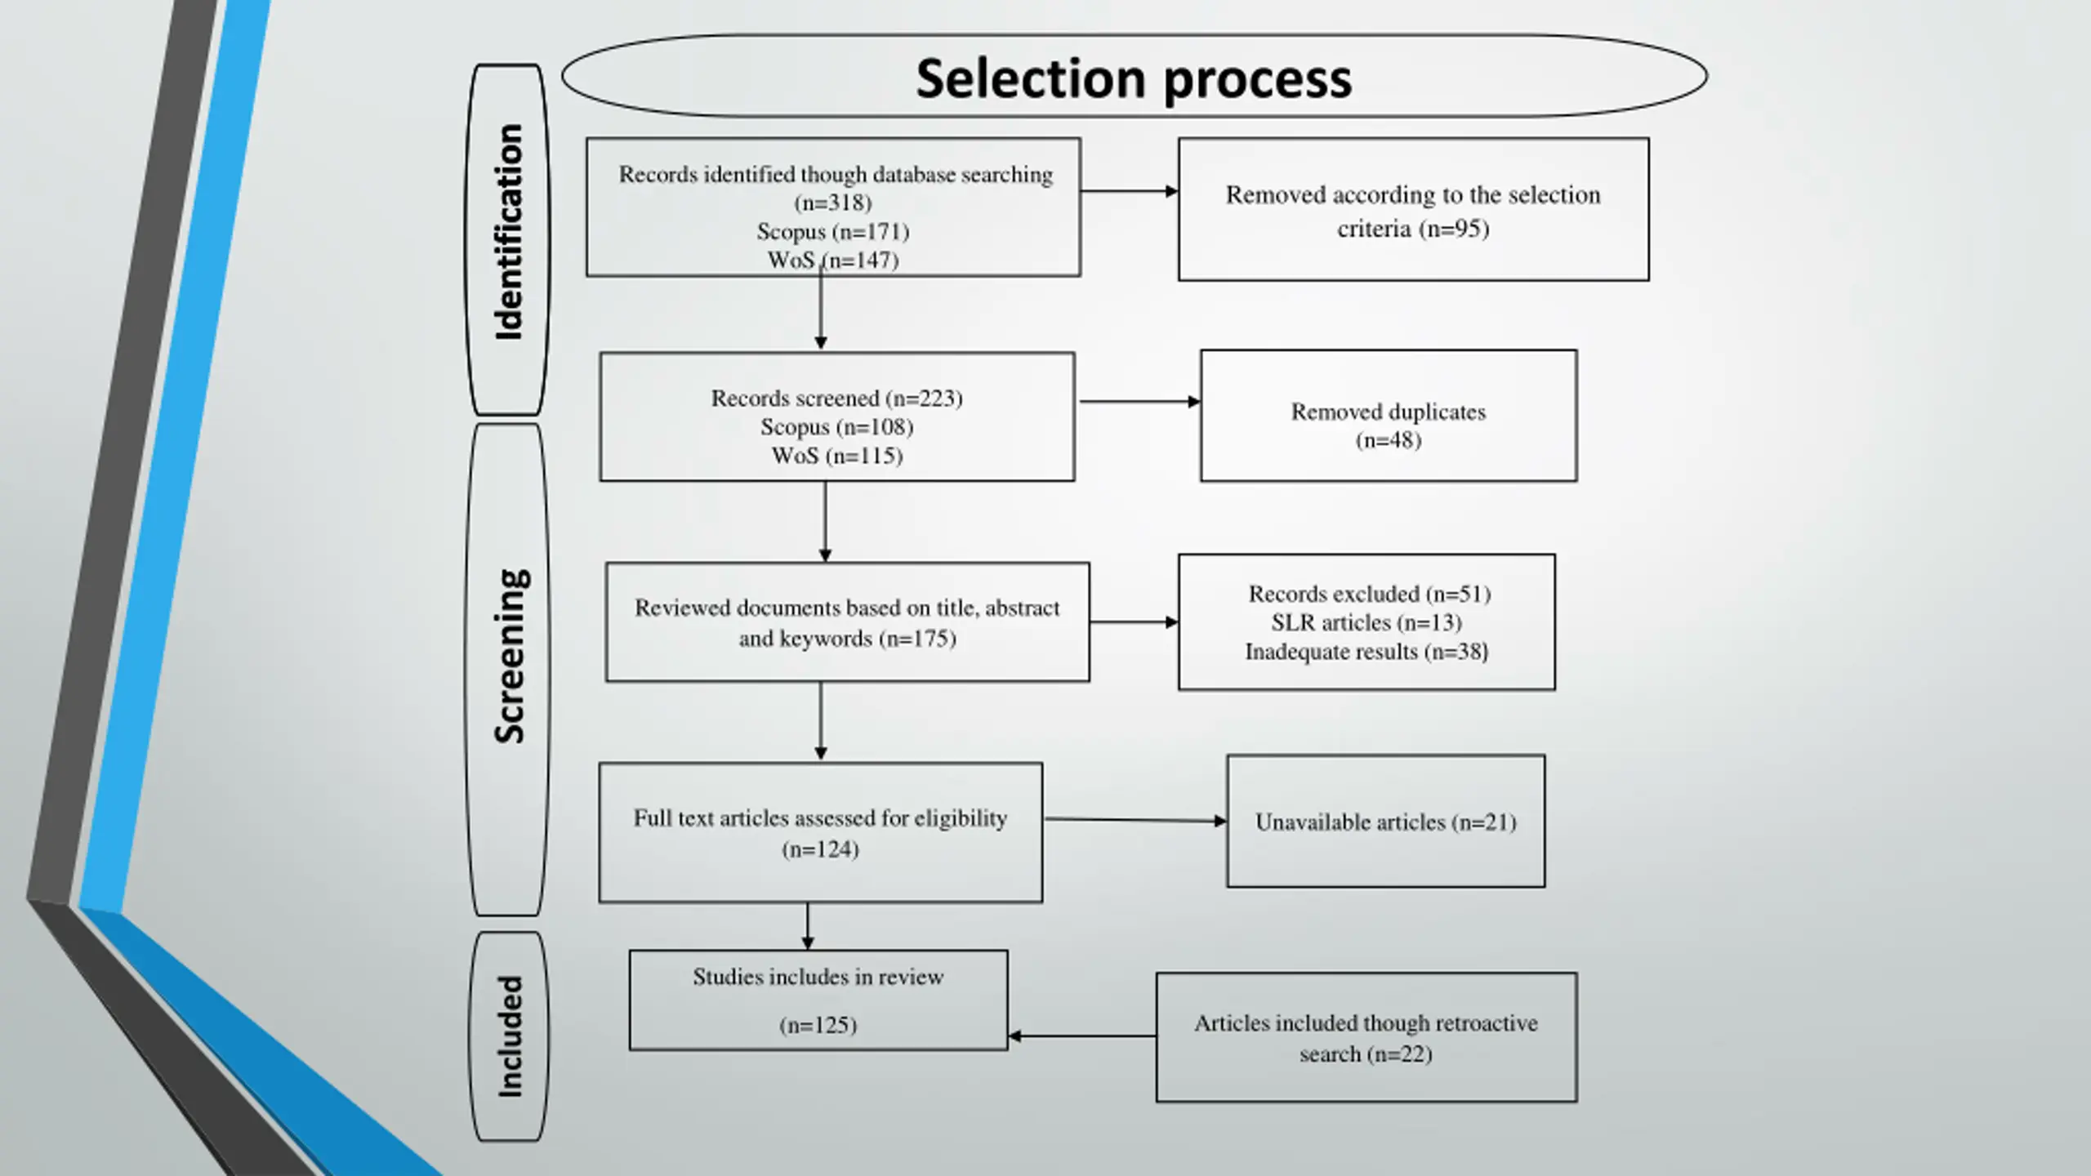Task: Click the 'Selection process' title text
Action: click(x=1134, y=80)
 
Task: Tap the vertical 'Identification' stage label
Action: click(x=509, y=232)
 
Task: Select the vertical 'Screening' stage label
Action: click(x=510, y=656)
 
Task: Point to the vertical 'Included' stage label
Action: click(x=510, y=1036)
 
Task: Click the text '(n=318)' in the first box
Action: click(x=833, y=203)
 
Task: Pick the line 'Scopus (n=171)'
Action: click(x=833, y=231)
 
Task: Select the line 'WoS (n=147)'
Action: click(x=833, y=260)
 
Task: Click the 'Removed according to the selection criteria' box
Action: click(x=1413, y=209)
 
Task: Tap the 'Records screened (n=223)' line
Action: click(x=836, y=398)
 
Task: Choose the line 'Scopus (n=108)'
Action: click(x=836, y=426)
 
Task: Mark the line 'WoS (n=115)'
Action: click(x=836, y=455)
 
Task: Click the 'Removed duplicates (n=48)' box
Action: click(x=1389, y=416)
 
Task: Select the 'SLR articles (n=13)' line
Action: click(x=1367, y=622)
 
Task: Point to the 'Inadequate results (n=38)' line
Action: click(x=1367, y=652)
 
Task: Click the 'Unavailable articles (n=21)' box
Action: click(x=1385, y=821)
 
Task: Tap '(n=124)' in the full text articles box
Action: click(x=820, y=849)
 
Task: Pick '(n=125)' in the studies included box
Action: click(x=818, y=1025)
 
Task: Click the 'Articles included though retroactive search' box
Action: click(x=1367, y=1037)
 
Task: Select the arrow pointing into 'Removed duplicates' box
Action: click(x=1140, y=402)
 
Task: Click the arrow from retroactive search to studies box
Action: click(x=1082, y=1036)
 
